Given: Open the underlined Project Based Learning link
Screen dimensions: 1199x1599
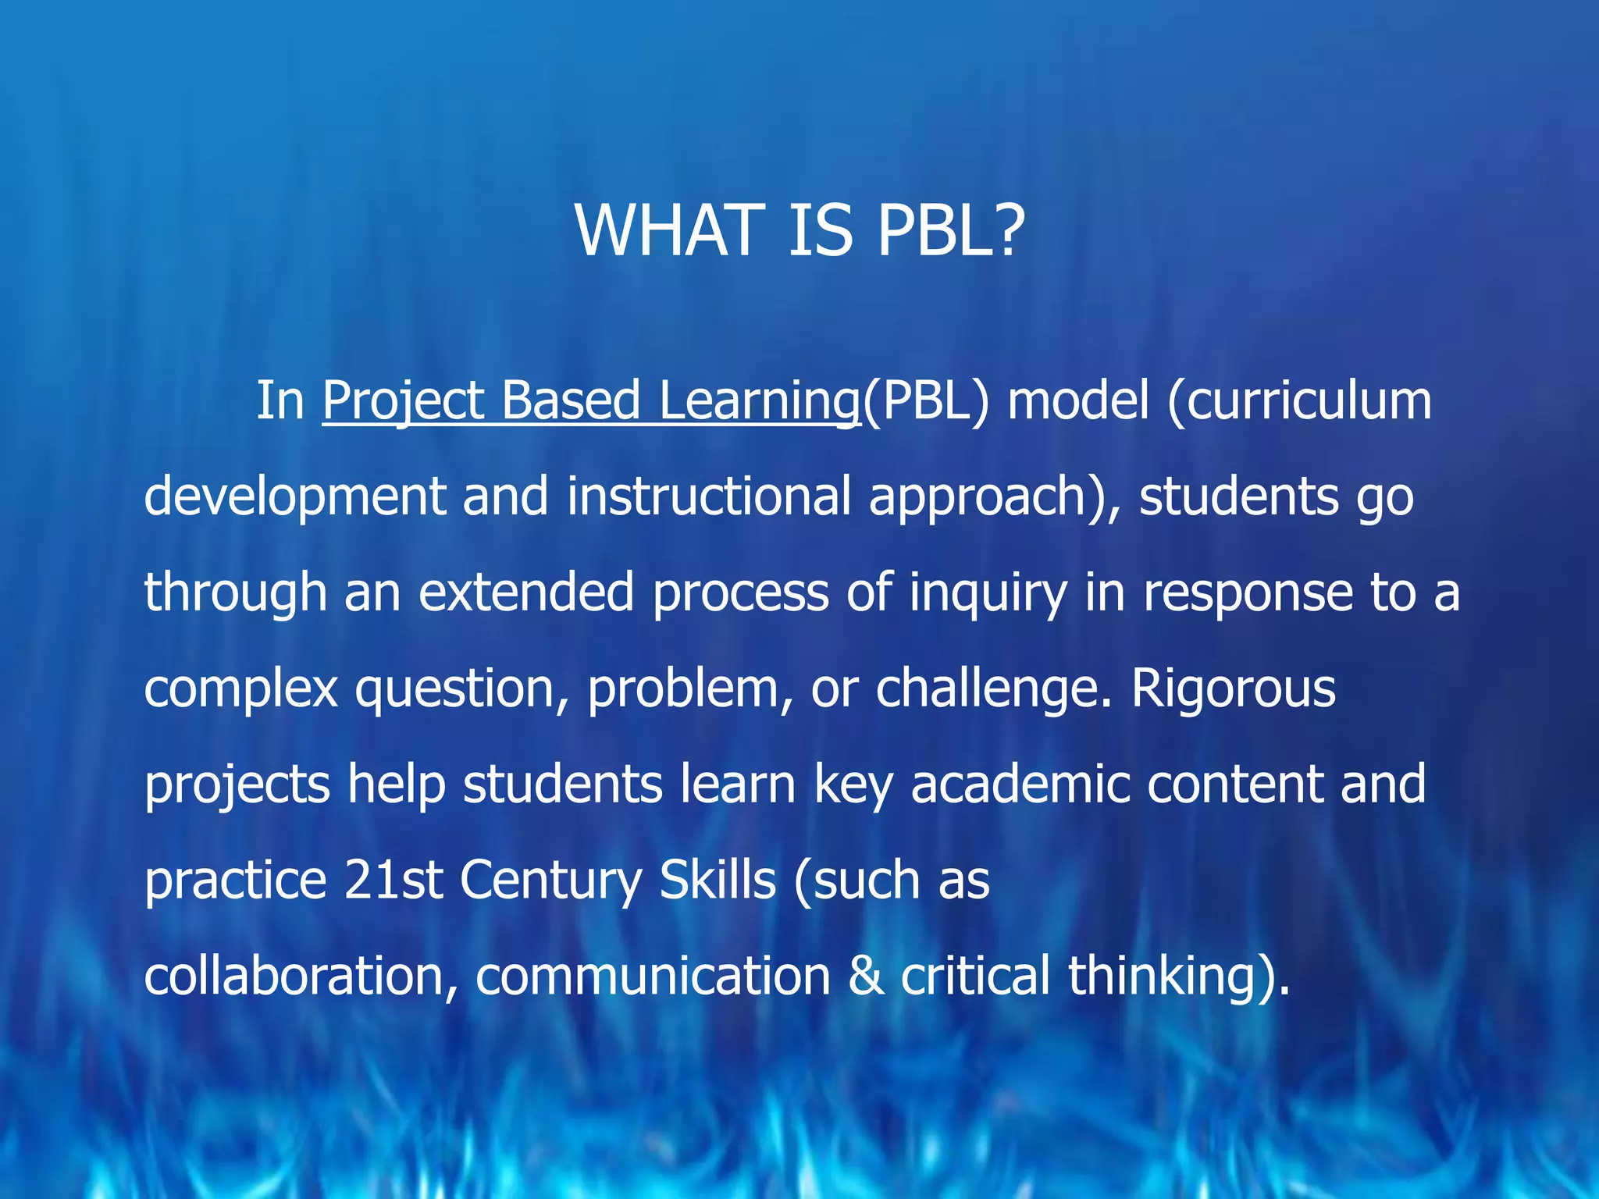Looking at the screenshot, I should point(591,401).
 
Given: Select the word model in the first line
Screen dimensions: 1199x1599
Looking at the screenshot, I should point(1078,401).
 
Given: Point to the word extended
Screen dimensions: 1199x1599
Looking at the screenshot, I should point(525,592).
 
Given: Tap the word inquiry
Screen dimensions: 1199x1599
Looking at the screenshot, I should point(988,592).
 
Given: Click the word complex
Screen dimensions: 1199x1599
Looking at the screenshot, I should point(240,688).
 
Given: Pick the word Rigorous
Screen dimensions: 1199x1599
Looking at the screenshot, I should point(1234,688).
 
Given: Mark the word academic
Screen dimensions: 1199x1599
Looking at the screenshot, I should point(1020,785).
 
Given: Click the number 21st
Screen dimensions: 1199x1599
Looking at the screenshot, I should point(393,881).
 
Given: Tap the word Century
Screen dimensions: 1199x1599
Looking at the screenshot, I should point(550,881).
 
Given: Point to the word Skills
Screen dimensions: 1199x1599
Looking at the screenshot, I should point(718,881).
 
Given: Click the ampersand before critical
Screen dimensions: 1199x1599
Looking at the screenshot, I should point(866,977).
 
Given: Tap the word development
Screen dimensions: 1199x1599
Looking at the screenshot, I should point(294,496).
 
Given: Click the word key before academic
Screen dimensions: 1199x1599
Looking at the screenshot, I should point(853,785).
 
